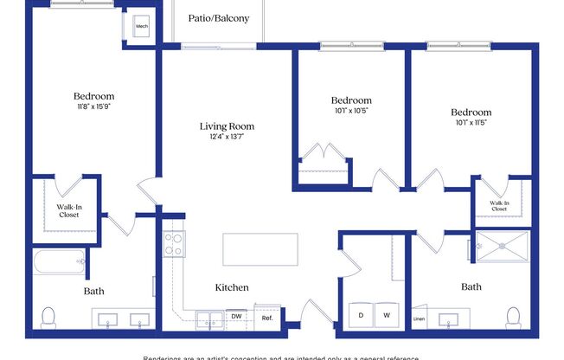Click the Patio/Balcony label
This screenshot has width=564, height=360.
click(x=219, y=16)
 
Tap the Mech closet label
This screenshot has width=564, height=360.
click(x=143, y=27)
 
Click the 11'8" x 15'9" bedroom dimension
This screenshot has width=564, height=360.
click(x=93, y=106)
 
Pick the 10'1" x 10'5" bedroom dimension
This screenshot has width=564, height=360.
click(x=351, y=111)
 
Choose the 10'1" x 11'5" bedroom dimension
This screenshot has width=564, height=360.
click(x=471, y=123)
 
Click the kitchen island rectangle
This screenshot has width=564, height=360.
click(x=260, y=249)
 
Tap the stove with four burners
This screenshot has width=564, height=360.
click(x=174, y=242)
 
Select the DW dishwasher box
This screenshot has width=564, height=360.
click(x=236, y=317)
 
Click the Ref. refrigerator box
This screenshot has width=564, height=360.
click(x=267, y=318)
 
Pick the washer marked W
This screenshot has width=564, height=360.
click(x=388, y=316)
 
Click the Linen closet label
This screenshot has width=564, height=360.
click(x=420, y=319)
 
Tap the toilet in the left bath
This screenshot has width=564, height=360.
click(x=50, y=316)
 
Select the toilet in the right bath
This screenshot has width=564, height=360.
click(x=515, y=316)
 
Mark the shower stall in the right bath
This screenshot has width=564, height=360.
click(x=502, y=246)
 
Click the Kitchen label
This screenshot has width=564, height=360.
click(x=232, y=287)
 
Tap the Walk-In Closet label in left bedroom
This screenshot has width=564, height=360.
click(x=68, y=211)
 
